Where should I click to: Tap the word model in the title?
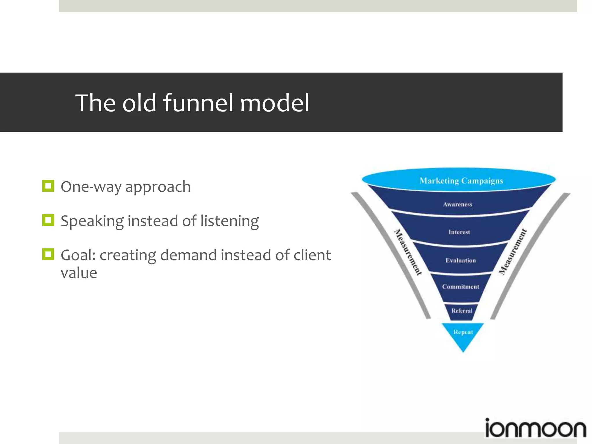point(275,103)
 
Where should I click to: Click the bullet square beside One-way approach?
point(48,186)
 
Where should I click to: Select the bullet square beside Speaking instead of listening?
point(48,220)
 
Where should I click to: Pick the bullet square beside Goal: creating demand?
point(48,254)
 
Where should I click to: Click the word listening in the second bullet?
point(230,221)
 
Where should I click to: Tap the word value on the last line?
point(79,273)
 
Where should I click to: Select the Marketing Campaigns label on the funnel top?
point(461,181)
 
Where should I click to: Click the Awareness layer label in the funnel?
point(458,204)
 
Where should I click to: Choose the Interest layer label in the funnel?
point(459,232)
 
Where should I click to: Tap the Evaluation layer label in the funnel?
point(460,260)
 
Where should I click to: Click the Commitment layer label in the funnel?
point(460,287)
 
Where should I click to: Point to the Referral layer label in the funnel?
point(462,311)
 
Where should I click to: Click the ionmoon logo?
point(535,428)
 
